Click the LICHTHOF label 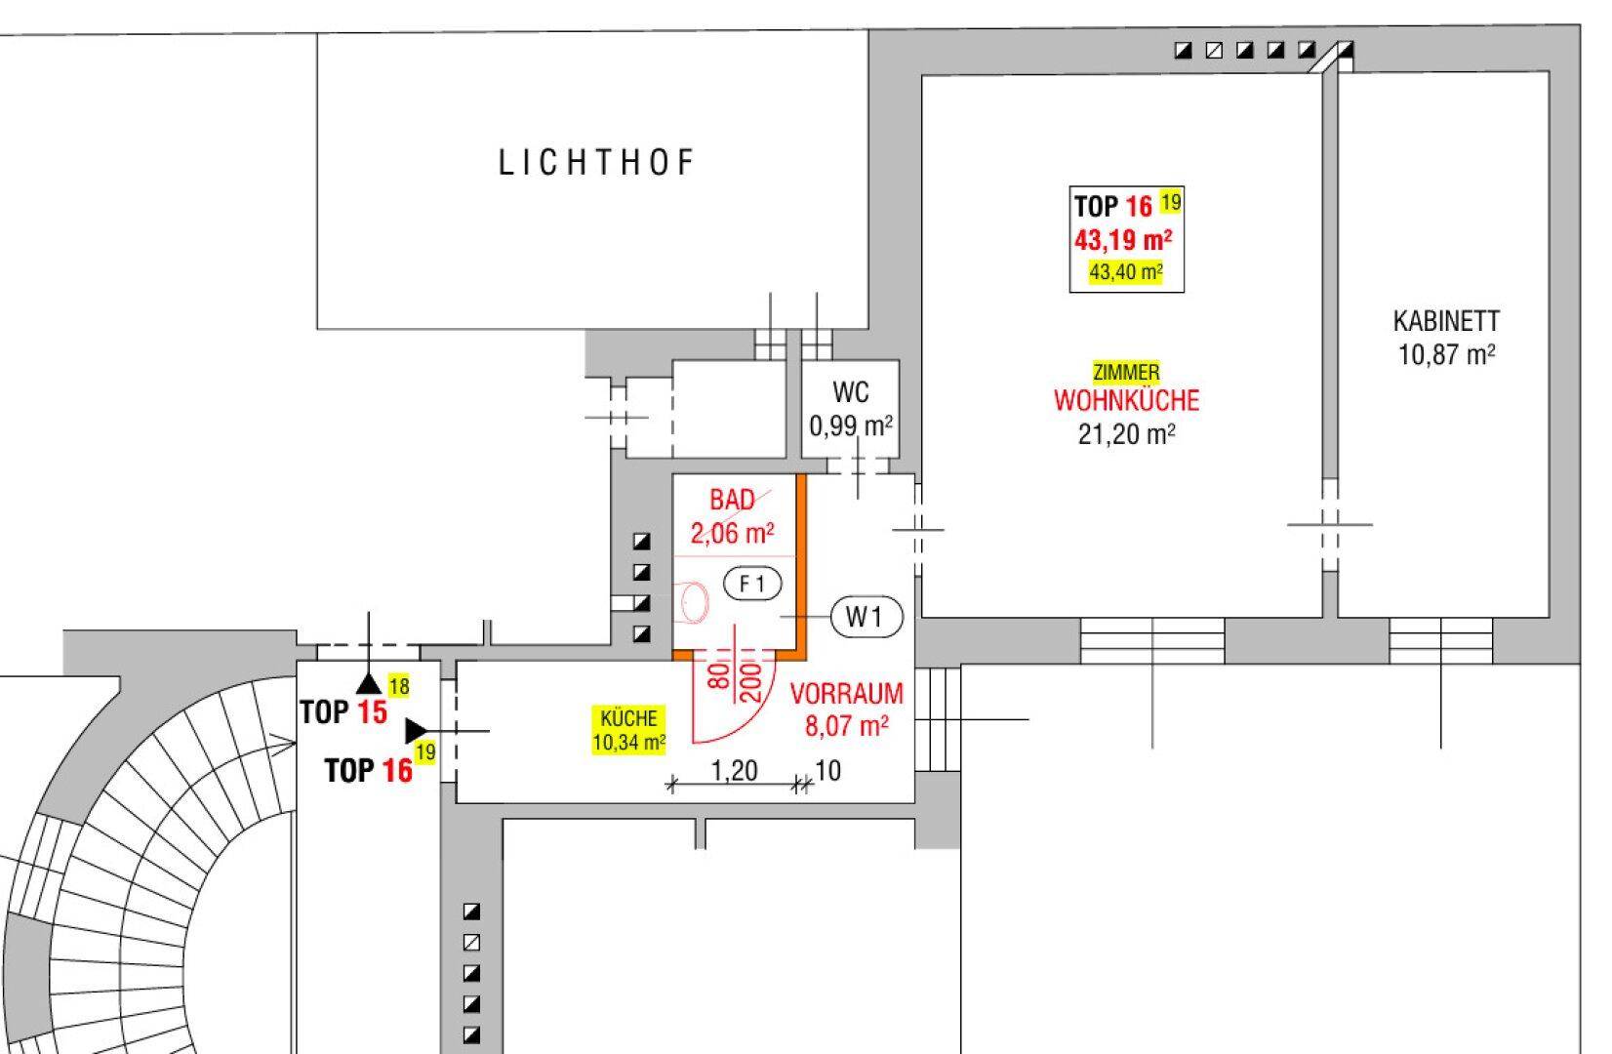click(x=596, y=163)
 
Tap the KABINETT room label click(x=1446, y=321)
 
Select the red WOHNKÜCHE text click(x=1127, y=400)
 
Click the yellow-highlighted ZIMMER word click(x=1126, y=372)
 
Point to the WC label click(x=851, y=392)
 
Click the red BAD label click(x=733, y=500)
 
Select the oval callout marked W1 click(x=866, y=617)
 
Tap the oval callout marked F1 click(x=752, y=584)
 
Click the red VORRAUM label click(x=846, y=693)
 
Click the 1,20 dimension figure click(x=734, y=771)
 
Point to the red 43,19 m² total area click(x=1123, y=240)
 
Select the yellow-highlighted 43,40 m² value click(x=1126, y=272)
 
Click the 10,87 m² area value click(x=1446, y=355)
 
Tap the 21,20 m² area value click(x=1127, y=434)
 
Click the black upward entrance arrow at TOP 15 click(x=369, y=683)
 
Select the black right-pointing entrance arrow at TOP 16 click(x=416, y=731)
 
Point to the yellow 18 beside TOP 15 click(x=399, y=686)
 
